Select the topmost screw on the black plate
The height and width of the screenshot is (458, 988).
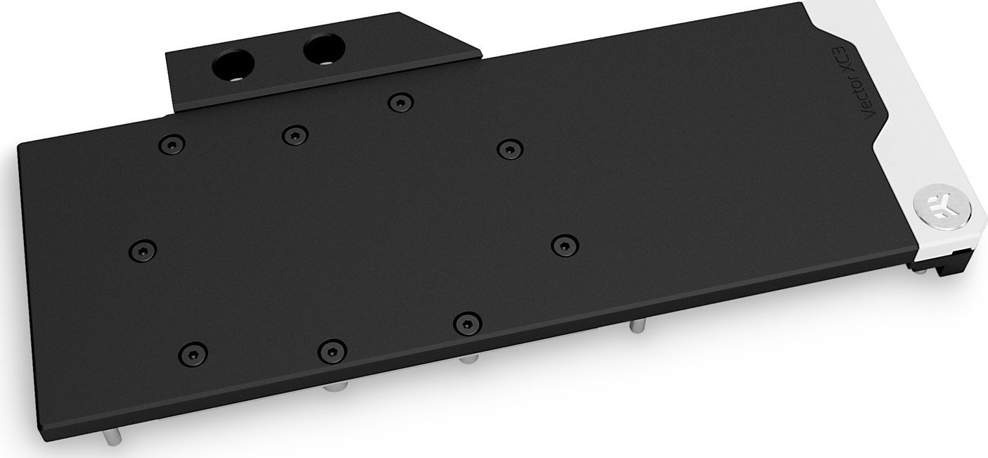pyautogui.click(x=400, y=103)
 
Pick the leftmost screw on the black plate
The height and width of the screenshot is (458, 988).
pyautogui.click(x=143, y=250)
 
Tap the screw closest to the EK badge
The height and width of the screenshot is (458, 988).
pyautogui.click(x=564, y=244)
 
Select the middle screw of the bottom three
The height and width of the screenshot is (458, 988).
pyautogui.click(x=332, y=350)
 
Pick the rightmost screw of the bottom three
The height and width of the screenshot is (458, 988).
pyautogui.click(x=466, y=323)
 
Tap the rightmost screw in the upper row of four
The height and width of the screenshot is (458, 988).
pyautogui.click(x=508, y=148)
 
